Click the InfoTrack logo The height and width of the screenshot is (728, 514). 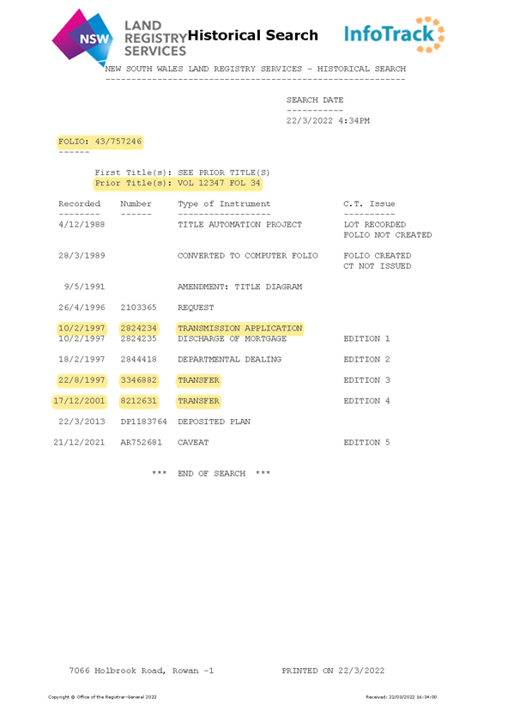point(394,34)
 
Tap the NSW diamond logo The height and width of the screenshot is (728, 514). point(83,38)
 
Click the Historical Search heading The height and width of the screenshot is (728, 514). point(253,35)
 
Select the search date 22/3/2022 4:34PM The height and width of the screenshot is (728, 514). point(328,121)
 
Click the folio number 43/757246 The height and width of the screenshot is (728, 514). point(118,141)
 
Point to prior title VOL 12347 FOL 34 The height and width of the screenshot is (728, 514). point(219,183)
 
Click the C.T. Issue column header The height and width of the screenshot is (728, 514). point(369,203)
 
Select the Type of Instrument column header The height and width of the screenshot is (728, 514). point(224,203)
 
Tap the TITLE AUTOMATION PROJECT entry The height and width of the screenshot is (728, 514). point(239,225)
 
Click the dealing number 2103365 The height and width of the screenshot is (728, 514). point(138,307)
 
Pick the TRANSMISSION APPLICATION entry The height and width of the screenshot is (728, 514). point(239,328)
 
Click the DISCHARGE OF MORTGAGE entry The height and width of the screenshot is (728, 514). point(232,338)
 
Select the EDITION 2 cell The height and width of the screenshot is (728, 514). point(366,360)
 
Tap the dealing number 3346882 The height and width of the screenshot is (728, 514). point(138,380)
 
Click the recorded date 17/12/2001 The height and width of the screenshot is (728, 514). point(79,401)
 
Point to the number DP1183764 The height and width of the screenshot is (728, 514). point(143,422)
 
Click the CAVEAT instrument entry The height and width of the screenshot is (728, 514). point(193,442)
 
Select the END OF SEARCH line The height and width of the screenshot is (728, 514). point(211,473)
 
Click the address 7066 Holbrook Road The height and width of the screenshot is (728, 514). point(117,670)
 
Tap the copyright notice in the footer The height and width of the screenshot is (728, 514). point(102,697)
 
